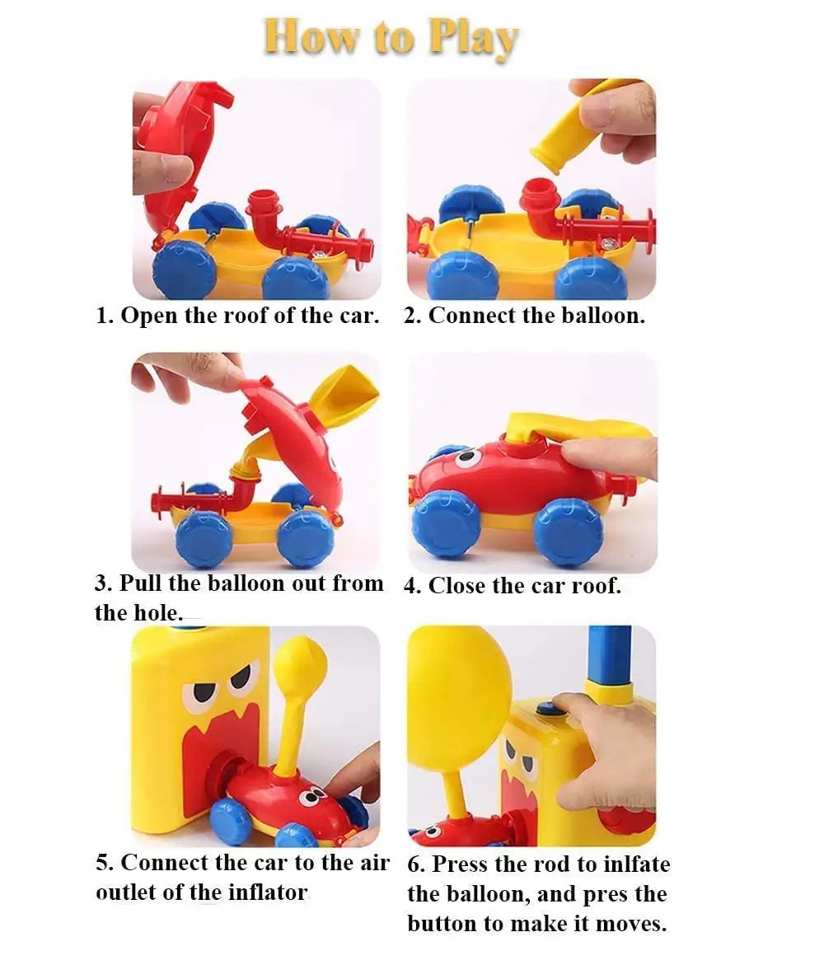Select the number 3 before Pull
(x=102, y=583)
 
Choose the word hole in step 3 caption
(x=157, y=613)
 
